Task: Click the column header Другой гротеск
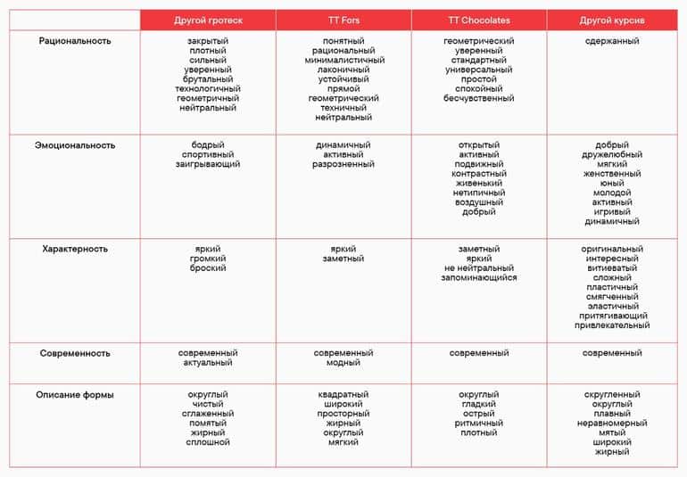(x=208, y=20)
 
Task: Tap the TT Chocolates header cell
(x=479, y=20)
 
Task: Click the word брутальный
(x=208, y=79)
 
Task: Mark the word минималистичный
(x=343, y=61)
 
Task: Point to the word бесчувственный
(x=479, y=98)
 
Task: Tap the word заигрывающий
(x=208, y=164)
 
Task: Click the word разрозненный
(x=343, y=164)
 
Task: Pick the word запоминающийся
(x=479, y=277)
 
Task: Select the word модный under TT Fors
(x=343, y=363)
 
